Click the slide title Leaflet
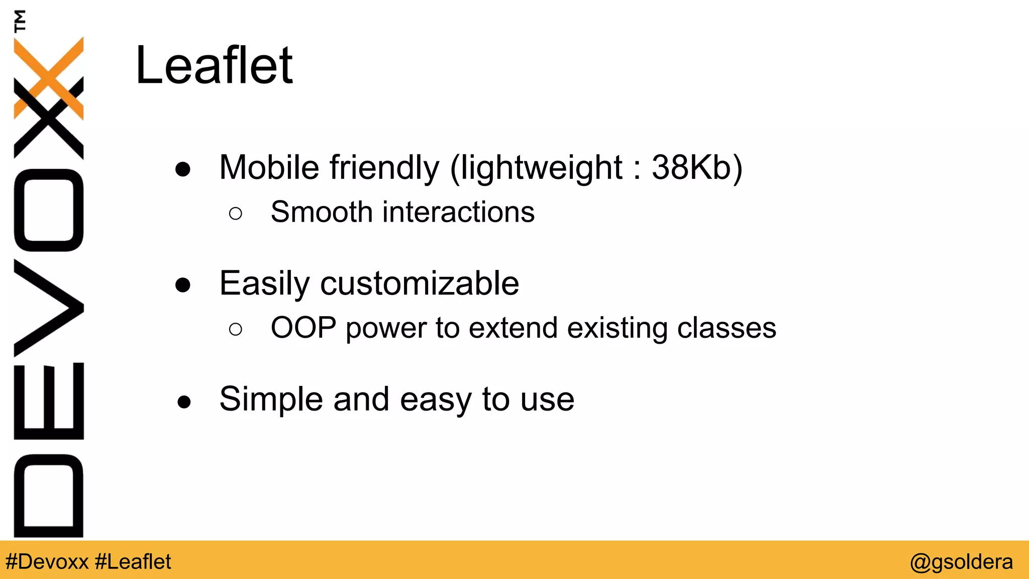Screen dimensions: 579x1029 [x=214, y=65]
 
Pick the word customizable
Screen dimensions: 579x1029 [x=420, y=283]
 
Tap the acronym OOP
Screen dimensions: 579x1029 [x=303, y=328]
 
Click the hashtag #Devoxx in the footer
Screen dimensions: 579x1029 [x=47, y=561]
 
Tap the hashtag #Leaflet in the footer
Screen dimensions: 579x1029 [x=133, y=561]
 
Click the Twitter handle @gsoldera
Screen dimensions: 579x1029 [x=961, y=561]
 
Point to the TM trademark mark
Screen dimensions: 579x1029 [x=20, y=21]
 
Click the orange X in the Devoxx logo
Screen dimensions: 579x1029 [x=48, y=78]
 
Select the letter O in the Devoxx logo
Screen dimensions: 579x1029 [x=48, y=210]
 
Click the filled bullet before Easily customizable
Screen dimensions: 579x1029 [x=183, y=285]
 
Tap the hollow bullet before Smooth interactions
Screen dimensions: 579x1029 [x=235, y=214]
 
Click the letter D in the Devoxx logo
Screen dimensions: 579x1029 [x=48, y=495]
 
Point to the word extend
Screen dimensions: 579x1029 [x=512, y=328]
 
